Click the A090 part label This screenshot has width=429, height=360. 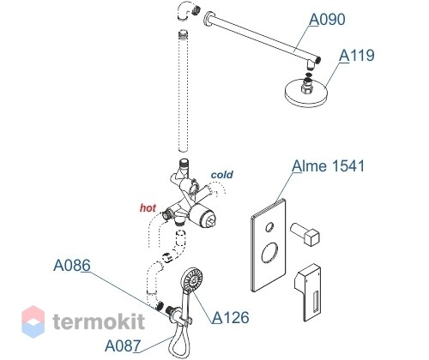pos(327,20)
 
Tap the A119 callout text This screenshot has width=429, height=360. pos(357,56)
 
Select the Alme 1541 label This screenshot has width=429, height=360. pos(329,166)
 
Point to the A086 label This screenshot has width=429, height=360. pos(72,266)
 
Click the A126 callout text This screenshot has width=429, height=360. pos(231,317)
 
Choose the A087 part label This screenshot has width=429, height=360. pos(123,345)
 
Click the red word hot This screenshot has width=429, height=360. pos(148,208)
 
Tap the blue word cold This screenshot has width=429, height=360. pos(222,175)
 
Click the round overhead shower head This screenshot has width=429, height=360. pos(306,93)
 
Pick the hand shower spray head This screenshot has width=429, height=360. pos(192,280)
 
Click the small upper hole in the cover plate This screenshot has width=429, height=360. pos(269,227)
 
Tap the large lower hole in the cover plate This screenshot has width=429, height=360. pos(269,253)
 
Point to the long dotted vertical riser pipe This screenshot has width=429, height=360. pos(183,91)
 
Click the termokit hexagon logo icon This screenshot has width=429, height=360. pos(33,321)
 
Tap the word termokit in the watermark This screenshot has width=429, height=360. pos(99,321)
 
